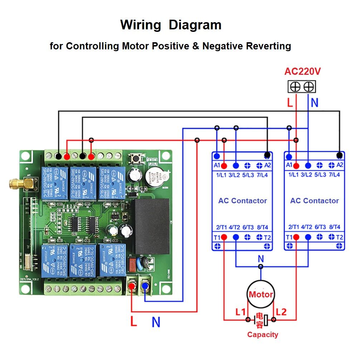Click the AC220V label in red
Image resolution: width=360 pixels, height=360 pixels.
pos(302,72)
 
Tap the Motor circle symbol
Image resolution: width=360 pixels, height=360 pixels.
pos(261,295)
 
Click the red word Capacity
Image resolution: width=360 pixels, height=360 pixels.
pos(262,335)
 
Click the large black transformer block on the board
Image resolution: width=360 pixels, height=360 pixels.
pos(152,226)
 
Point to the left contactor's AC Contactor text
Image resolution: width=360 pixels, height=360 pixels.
pos(242,201)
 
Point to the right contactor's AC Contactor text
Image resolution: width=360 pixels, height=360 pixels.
pos(314,201)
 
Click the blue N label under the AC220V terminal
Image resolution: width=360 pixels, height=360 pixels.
pos(314,103)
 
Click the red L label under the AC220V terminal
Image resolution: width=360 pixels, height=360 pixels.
pos(290,103)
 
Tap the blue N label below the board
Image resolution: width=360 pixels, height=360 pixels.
pos(156,322)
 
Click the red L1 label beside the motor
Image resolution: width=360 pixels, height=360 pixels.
pos(240,312)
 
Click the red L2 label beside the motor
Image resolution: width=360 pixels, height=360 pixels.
pos(282,312)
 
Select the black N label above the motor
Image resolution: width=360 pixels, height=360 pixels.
pos(261,259)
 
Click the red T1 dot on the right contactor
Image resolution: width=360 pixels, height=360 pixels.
pos(296,237)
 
